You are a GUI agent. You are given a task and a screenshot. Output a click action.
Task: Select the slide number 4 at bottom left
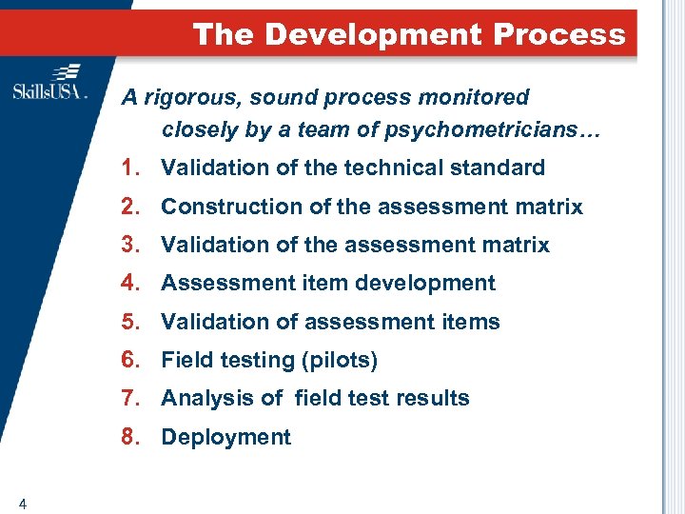[21, 503]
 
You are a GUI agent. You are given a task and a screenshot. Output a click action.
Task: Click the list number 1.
[130, 168]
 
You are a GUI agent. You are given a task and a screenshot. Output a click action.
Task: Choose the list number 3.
[130, 245]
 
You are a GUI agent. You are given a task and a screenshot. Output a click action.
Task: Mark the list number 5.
[130, 322]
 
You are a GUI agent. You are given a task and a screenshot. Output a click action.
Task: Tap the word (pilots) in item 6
[340, 361]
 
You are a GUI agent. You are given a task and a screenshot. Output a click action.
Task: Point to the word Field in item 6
[184, 361]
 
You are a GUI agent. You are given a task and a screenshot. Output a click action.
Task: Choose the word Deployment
[225, 438]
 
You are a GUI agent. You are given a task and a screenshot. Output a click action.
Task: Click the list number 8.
[130, 438]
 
